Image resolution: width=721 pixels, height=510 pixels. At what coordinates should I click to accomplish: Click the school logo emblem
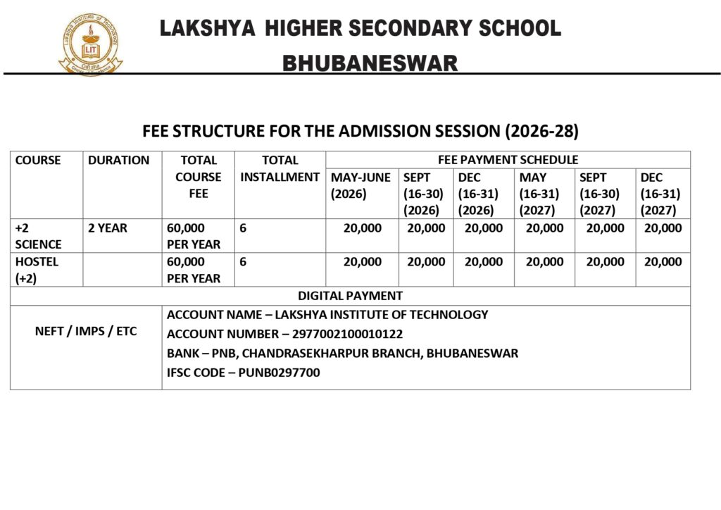coord(89,45)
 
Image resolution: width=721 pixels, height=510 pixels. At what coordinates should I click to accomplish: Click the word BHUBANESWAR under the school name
coord(370,63)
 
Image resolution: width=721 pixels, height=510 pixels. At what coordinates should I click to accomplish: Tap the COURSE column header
coord(38,160)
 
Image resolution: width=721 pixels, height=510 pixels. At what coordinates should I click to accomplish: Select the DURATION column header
coord(119,160)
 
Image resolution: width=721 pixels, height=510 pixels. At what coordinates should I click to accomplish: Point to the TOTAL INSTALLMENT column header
coord(280,168)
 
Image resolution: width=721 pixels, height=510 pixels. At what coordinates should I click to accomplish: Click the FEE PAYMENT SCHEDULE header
coord(508,160)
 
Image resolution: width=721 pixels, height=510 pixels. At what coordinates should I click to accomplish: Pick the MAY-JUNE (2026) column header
coord(360,185)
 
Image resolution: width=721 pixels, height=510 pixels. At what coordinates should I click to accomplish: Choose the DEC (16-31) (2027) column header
coord(660,194)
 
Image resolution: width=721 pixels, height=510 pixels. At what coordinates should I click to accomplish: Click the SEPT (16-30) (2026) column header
coord(422,194)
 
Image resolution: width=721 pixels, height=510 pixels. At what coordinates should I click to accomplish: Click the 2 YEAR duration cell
coord(108,228)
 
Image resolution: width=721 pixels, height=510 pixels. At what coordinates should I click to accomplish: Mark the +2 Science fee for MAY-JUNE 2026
coord(363,228)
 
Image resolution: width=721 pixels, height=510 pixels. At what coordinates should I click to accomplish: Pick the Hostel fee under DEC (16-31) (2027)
coord(663,262)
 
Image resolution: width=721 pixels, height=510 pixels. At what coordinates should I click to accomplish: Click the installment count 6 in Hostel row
coord(243,262)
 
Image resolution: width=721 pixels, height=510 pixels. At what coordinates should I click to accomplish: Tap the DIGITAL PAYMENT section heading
coord(350,296)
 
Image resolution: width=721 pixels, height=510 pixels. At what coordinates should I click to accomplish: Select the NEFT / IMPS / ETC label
coord(86,332)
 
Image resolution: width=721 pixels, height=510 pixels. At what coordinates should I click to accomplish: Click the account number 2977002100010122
coord(344,334)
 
